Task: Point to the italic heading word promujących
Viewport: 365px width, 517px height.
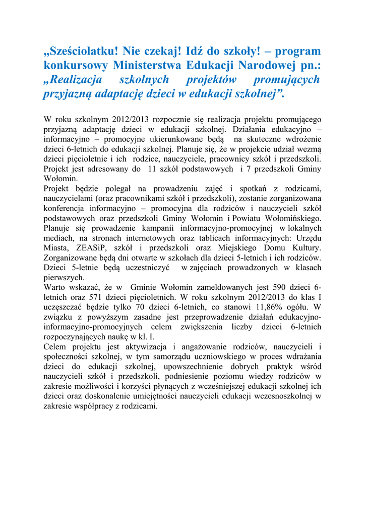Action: coord(286,79)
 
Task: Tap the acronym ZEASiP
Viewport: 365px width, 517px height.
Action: coord(93,248)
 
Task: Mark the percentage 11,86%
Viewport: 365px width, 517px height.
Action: coord(271,307)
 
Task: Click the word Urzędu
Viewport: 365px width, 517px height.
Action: coord(308,238)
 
